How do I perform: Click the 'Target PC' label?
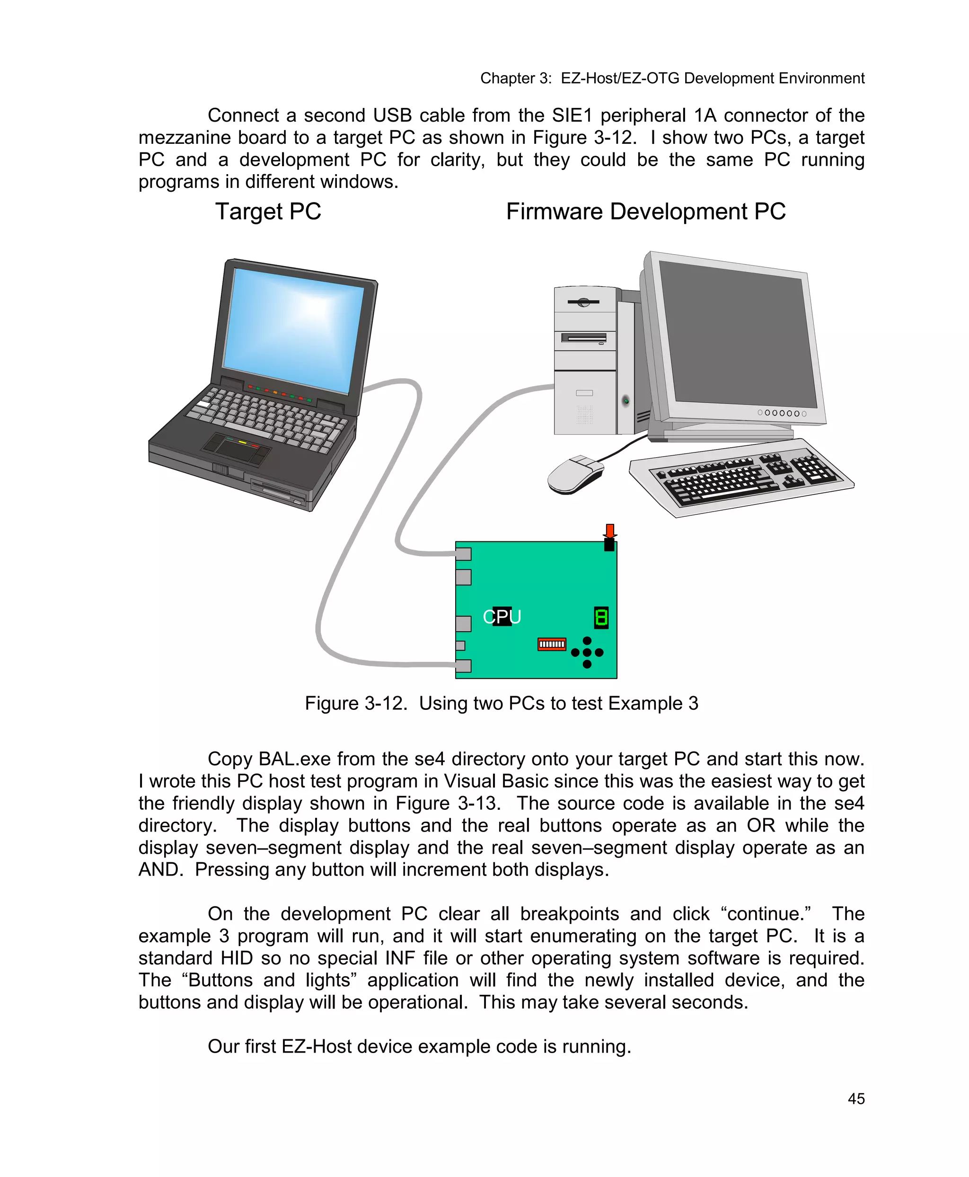coord(268,212)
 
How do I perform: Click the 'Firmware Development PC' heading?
coord(645,212)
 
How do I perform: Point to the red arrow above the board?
coord(609,531)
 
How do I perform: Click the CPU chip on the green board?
coord(502,616)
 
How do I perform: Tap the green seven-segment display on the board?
coord(601,618)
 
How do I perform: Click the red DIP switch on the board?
coord(552,644)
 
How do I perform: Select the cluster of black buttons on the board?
coord(587,652)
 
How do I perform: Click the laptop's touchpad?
coord(236,448)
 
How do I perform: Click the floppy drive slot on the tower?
coord(584,338)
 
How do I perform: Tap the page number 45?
coord(856,1099)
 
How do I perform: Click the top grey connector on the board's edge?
coord(463,554)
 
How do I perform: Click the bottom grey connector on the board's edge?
coord(463,665)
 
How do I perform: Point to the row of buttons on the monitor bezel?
coord(782,413)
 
